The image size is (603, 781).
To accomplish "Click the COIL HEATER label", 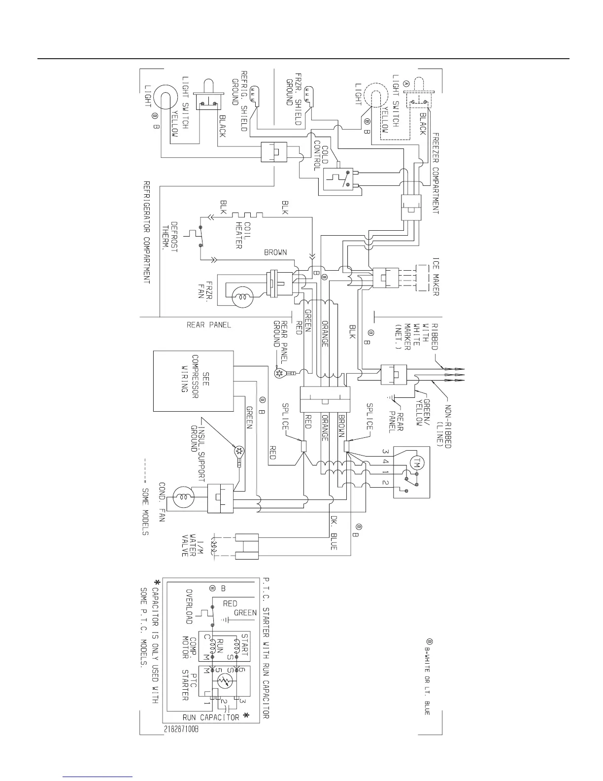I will (x=243, y=235).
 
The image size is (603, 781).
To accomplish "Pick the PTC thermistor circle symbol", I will (x=225, y=682).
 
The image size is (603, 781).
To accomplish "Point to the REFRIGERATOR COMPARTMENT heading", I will (x=146, y=232).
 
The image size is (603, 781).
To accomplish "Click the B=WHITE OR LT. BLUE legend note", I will (x=428, y=677).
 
